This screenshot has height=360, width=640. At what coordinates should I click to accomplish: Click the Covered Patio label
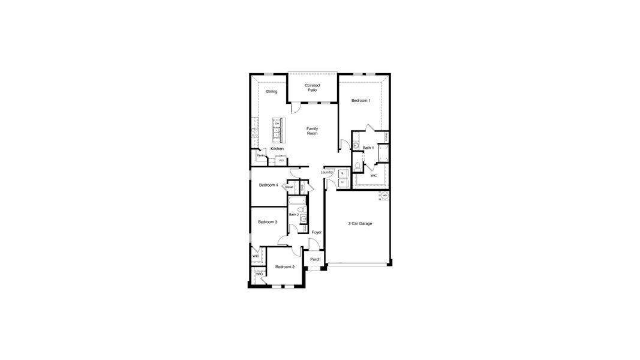(x=312, y=88)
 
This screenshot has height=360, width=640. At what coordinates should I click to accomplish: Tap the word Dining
(x=272, y=92)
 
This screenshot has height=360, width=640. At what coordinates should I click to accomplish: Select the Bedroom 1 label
(x=360, y=101)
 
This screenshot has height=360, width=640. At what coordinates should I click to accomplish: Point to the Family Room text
(x=312, y=131)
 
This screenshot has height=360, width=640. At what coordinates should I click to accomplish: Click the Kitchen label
(x=277, y=149)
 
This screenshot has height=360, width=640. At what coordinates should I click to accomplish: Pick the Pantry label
(x=261, y=156)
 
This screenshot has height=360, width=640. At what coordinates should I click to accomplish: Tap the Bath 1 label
(x=368, y=148)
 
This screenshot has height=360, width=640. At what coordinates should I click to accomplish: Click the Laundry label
(x=326, y=172)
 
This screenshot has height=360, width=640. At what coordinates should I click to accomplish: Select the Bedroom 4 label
(x=268, y=185)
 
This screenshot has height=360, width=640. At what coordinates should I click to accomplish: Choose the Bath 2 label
(x=293, y=215)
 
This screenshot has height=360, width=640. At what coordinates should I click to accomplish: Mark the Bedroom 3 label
(x=268, y=222)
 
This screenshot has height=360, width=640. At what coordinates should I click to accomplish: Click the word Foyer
(x=317, y=232)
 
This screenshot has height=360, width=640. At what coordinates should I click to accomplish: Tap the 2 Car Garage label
(x=360, y=224)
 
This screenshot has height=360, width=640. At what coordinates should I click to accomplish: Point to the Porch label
(x=315, y=259)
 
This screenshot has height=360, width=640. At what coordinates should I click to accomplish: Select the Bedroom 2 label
(x=284, y=266)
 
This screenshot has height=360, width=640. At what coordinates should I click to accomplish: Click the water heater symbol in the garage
(x=384, y=196)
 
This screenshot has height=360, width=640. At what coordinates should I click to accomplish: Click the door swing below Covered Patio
(x=295, y=108)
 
